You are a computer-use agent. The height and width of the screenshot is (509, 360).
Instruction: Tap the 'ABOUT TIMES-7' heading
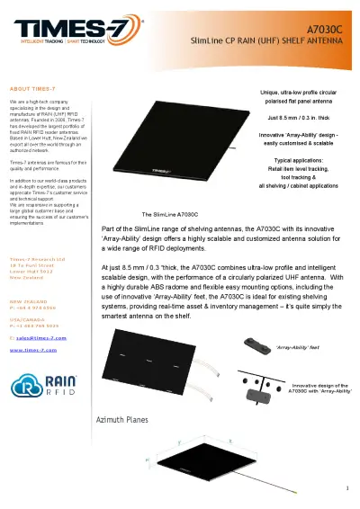35,90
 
